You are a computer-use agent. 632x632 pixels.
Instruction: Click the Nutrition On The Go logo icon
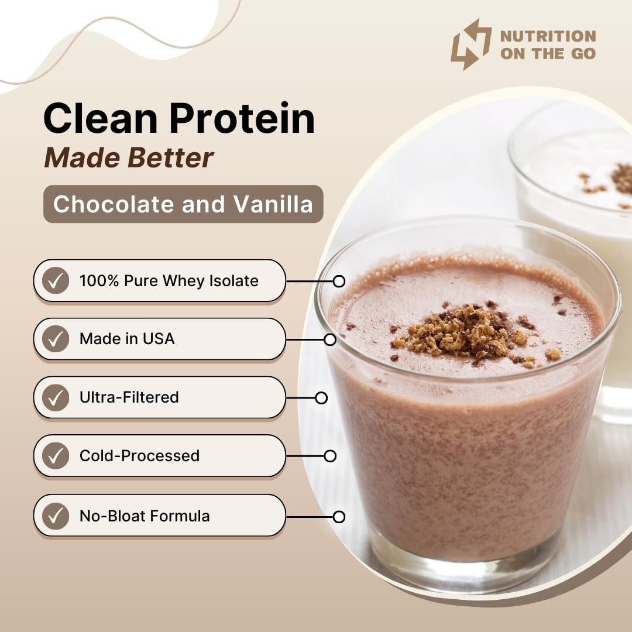(470, 44)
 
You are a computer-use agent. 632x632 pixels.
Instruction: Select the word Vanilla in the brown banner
(273, 204)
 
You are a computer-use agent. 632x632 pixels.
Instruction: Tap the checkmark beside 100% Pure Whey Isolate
(56, 281)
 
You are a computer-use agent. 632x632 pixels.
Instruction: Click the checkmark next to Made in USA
(56, 339)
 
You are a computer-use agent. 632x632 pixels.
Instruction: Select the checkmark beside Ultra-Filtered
(56, 397)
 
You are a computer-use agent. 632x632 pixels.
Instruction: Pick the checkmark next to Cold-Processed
(56, 456)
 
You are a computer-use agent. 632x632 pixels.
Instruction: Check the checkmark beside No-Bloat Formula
(56, 516)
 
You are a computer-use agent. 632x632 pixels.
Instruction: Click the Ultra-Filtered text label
(129, 397)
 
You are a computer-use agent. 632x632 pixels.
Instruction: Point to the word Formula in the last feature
(180, 516)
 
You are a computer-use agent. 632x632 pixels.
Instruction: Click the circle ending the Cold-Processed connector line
(330, 456)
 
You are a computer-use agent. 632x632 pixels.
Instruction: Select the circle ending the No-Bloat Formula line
(338, 517)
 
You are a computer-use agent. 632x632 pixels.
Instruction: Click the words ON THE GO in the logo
(548, 53)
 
